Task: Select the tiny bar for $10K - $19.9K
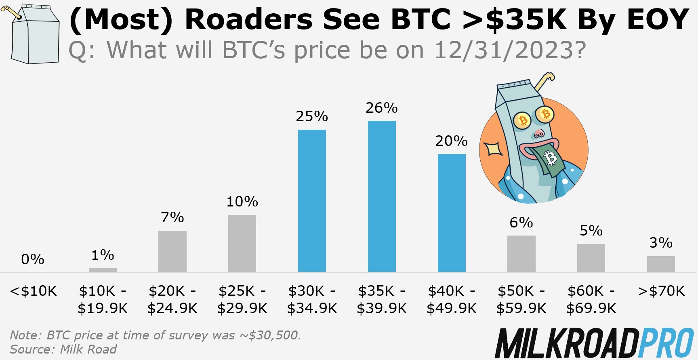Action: pos(103,270)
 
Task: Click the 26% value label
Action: pos(382,108)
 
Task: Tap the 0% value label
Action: pos(33,259)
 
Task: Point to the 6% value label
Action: pos(521,223)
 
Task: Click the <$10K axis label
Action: pos(33,291)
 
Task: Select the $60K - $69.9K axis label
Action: pos(591,300)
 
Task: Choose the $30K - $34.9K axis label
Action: pos(312,300)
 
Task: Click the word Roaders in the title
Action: pos(248,19)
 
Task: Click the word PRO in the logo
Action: pos(666,343)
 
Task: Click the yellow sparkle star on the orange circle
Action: pos(494,149)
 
